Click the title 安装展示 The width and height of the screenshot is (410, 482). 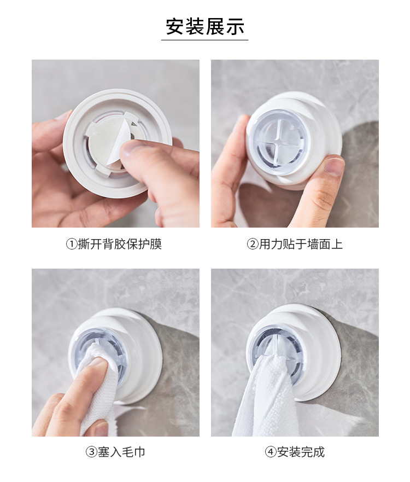point(205,26)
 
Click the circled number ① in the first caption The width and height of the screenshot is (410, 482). point(72,245)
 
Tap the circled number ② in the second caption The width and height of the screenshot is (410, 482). point(253,245)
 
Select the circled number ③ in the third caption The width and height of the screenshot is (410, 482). point(91,452)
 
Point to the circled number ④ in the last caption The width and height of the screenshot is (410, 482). point(271,452)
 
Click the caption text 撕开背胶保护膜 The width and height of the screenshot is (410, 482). point(120,245)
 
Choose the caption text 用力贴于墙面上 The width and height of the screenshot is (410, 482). point(301,245)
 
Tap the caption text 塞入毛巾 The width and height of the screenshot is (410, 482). point(121,452)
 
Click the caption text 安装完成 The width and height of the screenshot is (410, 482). point(301,452)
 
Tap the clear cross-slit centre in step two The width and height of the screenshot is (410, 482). point(279,141)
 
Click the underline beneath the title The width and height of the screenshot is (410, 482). point(205,40)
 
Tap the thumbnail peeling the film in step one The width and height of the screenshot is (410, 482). point(132,150)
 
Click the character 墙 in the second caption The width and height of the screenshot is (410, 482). point(313,245)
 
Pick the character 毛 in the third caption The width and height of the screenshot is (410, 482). point(127,452)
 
